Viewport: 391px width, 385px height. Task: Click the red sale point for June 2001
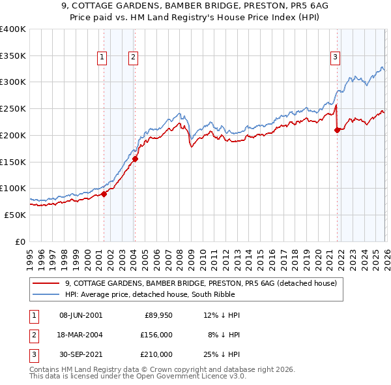pyautogui.click(x=104, y=194)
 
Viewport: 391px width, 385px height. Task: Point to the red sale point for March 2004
pyautogui.click(x=135, y=159)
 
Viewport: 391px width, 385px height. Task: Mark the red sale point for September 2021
pyautogui.click(x=337, y=130)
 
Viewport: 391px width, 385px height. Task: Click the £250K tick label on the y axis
pyautogui.click(x=12, y=108)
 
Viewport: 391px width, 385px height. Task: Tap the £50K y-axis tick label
pyautogui.click(x=14, y=215)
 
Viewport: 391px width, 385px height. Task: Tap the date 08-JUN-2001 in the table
pyautogui.click(x=81, y=315)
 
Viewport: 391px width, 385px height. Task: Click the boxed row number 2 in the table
pyautogui.click(x=33, y=335)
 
